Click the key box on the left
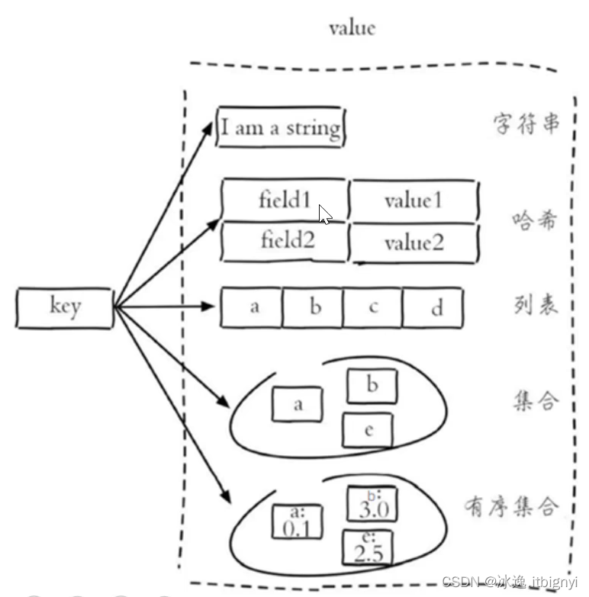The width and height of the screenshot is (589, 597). [65, 307]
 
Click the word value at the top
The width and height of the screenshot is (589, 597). [352, 28]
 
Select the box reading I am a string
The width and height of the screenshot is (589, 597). [280, 127]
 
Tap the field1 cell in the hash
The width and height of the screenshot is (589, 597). [285, 201]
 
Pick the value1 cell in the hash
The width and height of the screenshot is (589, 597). [414, 201]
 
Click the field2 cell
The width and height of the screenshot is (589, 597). [285, 242]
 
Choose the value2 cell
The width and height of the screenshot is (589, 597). [414, 243]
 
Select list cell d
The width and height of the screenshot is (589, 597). [433, 308]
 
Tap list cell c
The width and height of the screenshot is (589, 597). [372, 307]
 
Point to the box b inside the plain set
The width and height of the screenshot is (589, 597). [372, 386]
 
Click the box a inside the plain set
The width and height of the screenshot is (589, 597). [298, 404]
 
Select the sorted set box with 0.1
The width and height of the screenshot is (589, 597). [298, 522]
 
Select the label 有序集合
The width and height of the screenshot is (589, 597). [511, 506]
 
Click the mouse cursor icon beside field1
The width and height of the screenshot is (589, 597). [325, 214]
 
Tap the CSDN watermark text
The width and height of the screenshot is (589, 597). [511, 583]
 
